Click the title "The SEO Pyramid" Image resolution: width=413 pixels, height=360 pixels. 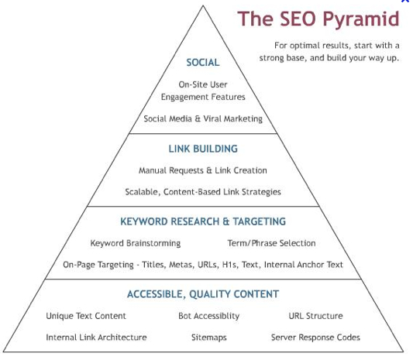(318, 19)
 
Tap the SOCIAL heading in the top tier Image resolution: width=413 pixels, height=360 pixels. (203, 63)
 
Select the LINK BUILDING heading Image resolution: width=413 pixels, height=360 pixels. (203, 149)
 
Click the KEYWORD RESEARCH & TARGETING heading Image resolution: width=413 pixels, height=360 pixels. (203, 221)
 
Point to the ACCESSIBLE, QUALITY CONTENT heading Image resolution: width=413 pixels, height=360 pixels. (203, 294)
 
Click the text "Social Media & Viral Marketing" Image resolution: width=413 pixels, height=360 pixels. (203, 119)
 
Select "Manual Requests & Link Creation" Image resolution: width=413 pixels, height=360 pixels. (203, 170)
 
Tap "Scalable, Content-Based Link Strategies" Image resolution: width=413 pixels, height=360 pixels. (203, 192)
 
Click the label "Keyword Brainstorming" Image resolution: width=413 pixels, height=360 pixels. (136, 243)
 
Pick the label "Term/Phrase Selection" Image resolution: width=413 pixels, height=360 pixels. (271, 243)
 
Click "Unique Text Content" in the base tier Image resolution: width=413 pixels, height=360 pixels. (86, 316)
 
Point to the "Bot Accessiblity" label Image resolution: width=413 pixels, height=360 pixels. (209, 316)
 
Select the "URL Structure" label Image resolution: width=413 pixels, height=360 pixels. (316, 316)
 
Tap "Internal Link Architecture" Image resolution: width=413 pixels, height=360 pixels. (96, 338)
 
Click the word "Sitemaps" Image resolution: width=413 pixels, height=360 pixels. (209, 338)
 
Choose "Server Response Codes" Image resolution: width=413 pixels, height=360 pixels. (315, 338)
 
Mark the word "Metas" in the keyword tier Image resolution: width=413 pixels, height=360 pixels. (181, 265)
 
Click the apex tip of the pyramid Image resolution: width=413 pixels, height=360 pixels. (203, 5)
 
